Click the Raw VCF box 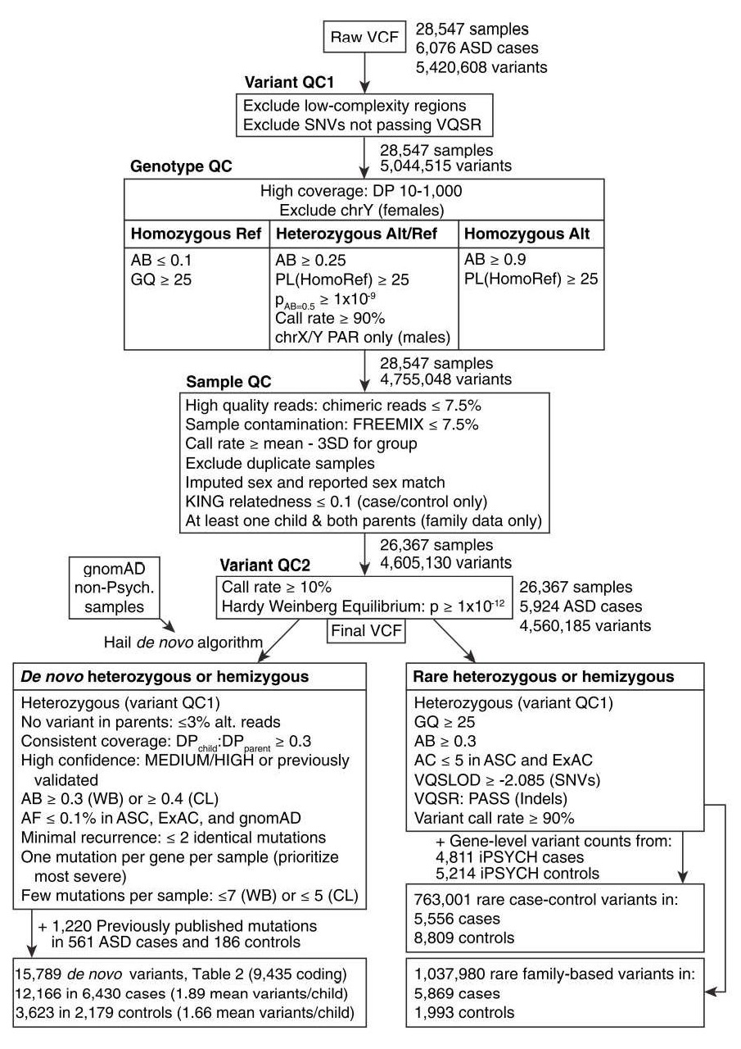click(362, 37)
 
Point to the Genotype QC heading click(181, 166)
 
